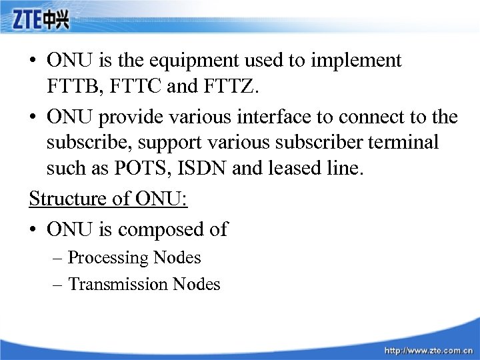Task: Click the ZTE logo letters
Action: pos(27,22)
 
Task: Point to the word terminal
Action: pos(403,143)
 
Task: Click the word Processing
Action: pos(109,258)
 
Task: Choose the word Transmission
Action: pos(118,285)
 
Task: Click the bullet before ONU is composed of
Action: pos(33,230)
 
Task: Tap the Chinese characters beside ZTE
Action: pos(57,22)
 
